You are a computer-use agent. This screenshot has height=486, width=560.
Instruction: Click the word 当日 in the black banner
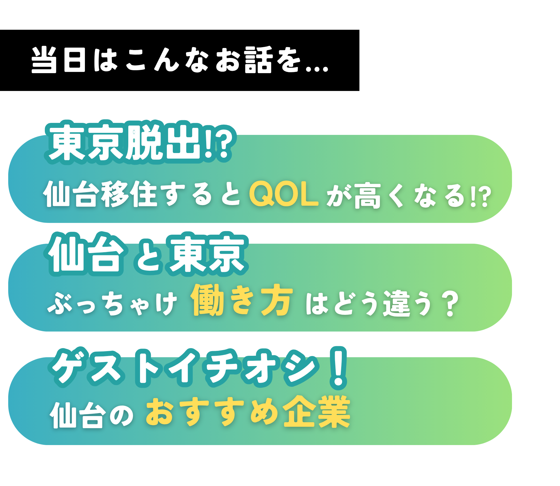(x=59, y=60)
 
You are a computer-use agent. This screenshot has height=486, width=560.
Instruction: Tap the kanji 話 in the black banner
(x=259, y=60)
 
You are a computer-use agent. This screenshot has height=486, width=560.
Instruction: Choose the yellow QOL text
(x=284, y=194)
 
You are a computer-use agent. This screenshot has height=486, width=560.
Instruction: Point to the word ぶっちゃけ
(x=112, y=303)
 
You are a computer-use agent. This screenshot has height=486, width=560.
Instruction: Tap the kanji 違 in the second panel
(x=397, y=303)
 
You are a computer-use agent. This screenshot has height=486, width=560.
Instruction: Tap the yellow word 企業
(x=317, y=411)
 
